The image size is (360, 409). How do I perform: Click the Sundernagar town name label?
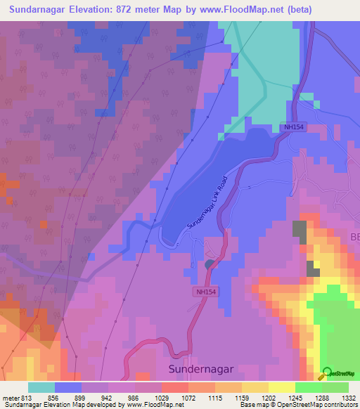201,368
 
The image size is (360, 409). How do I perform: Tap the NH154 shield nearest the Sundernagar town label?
205,290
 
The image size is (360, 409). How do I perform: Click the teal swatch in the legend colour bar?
41,387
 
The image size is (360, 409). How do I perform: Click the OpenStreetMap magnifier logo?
326,373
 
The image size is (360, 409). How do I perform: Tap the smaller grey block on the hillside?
313,268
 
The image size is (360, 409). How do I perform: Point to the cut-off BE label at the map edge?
354,238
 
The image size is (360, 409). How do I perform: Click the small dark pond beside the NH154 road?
210,264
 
